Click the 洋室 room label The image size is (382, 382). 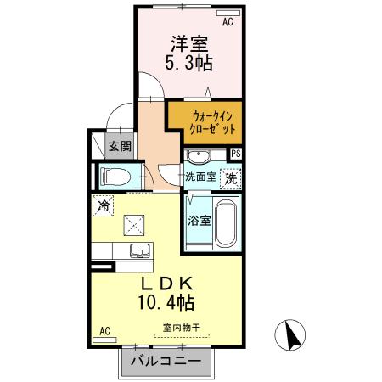pyautogui.click(x=189, y=42)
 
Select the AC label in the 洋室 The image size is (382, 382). pyautogui.click(x=227, y=23)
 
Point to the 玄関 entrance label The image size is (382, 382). pyautogui.click(x=120, y=146)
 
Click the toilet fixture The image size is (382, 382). pyautogui.click(x=116, y=177)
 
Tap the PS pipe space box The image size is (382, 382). pyautogui.click(x=236, y=153)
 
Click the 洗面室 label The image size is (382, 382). pyautogui.click(x=201, y=177)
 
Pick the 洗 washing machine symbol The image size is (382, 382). pyautogui.click(x=230, y=179)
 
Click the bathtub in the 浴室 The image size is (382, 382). pyautogui.click(x=224, y=222)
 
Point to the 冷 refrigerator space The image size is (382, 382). pyautogui.click(x=103, y=205)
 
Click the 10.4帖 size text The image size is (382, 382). pyautogui.click(x=165, y=301)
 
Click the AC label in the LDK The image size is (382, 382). pyautogui.click(x=106, y=330)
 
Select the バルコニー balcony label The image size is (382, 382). pyautogui.click(x=166, y=362)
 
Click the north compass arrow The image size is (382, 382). pyautogui.click(x=290, y=334)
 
